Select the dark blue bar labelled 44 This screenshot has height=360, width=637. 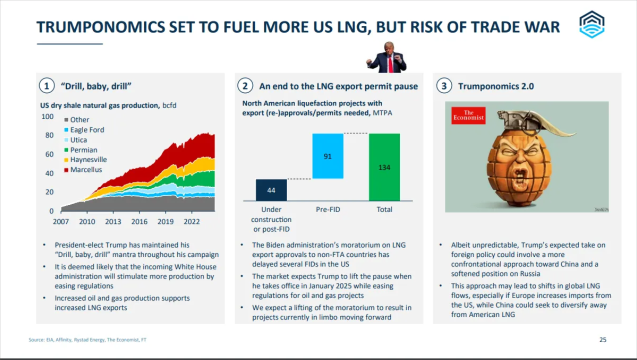(x=271, y=190)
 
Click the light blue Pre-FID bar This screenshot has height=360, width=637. (x=327, y=156)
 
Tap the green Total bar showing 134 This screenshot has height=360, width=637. (x=384, y=167)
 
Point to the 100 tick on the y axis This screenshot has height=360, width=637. (x=47, y=116)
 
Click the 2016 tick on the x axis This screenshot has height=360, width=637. (x=139, y=221)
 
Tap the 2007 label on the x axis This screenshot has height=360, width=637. (x=61, y=221)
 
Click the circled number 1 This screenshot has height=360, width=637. (x=46, y=86)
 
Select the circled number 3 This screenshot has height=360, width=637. (x=443, y=86)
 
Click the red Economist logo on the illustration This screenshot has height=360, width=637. (x=468, y=115)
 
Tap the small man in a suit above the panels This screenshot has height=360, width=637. (x=386, y=57)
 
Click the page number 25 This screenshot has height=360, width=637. (x=602, y=340)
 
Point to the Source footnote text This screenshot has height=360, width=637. (x=87, y=340)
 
